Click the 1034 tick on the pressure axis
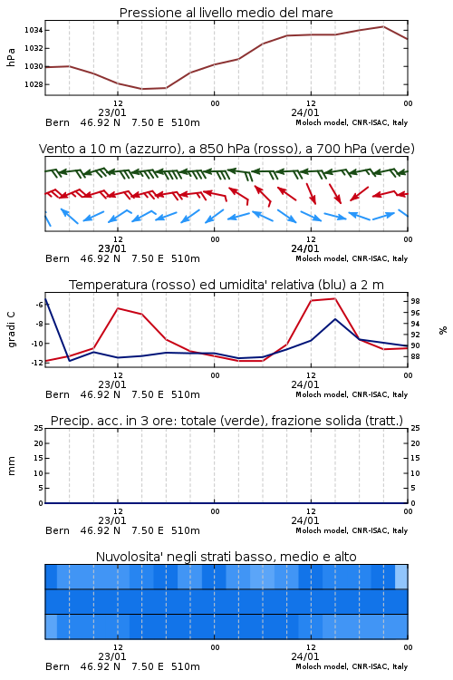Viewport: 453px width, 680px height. tap(34, 30)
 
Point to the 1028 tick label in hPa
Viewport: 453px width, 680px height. tap(34, 84)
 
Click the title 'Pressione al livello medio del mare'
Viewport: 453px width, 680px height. tap(226, 13)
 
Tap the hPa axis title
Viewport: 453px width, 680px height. tap(11, 57)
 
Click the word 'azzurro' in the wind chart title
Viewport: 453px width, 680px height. tap(152, 150)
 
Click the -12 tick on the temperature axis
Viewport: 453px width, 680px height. tap(38, 363)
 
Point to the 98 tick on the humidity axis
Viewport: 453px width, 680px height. tap(415, 301)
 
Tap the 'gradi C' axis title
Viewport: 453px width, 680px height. tap(12, 330)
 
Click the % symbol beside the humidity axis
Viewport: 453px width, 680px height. tap(443, 330)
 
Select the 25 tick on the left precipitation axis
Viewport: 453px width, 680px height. tap(39, 429)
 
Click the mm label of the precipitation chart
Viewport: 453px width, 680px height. tap(12, 466)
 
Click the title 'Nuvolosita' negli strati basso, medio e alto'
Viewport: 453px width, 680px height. tap(226, 557)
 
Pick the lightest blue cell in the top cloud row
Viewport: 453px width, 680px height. tap(401, 577)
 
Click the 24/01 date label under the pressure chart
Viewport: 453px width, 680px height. tap(305, 112)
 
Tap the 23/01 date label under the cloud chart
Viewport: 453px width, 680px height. tap(112, 657)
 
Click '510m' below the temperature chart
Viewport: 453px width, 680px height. tap(186, 394)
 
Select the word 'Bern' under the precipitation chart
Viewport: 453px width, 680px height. tap(58, 530)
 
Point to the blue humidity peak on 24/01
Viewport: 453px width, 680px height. tap(335, 319)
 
